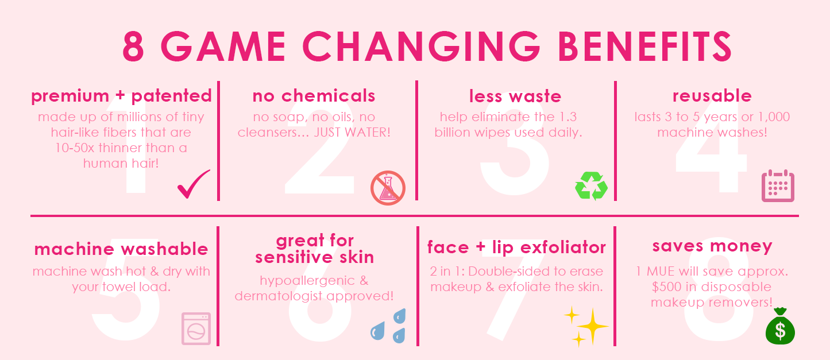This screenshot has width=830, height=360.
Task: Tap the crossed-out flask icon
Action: [388, 188]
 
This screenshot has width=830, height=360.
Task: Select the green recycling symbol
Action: [591, 185]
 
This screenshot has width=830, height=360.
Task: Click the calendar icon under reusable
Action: [778, 185]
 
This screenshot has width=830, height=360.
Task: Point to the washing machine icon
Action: [196, 328]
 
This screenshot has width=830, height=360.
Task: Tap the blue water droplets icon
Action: [388, 326]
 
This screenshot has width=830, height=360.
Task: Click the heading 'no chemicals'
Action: [314, 96]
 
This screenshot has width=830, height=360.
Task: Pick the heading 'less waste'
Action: [515, 96]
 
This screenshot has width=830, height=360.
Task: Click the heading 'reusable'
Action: [712, 96]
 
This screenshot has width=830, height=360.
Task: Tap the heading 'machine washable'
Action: [121, 249]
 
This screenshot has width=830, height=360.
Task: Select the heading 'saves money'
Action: [712, 246]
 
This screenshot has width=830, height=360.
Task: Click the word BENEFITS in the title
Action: [644, 47]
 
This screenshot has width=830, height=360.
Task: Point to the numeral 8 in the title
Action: [133, 47]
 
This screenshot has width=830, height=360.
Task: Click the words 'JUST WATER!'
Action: [352, 132]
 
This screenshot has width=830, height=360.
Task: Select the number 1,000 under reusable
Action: [774, 117]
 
